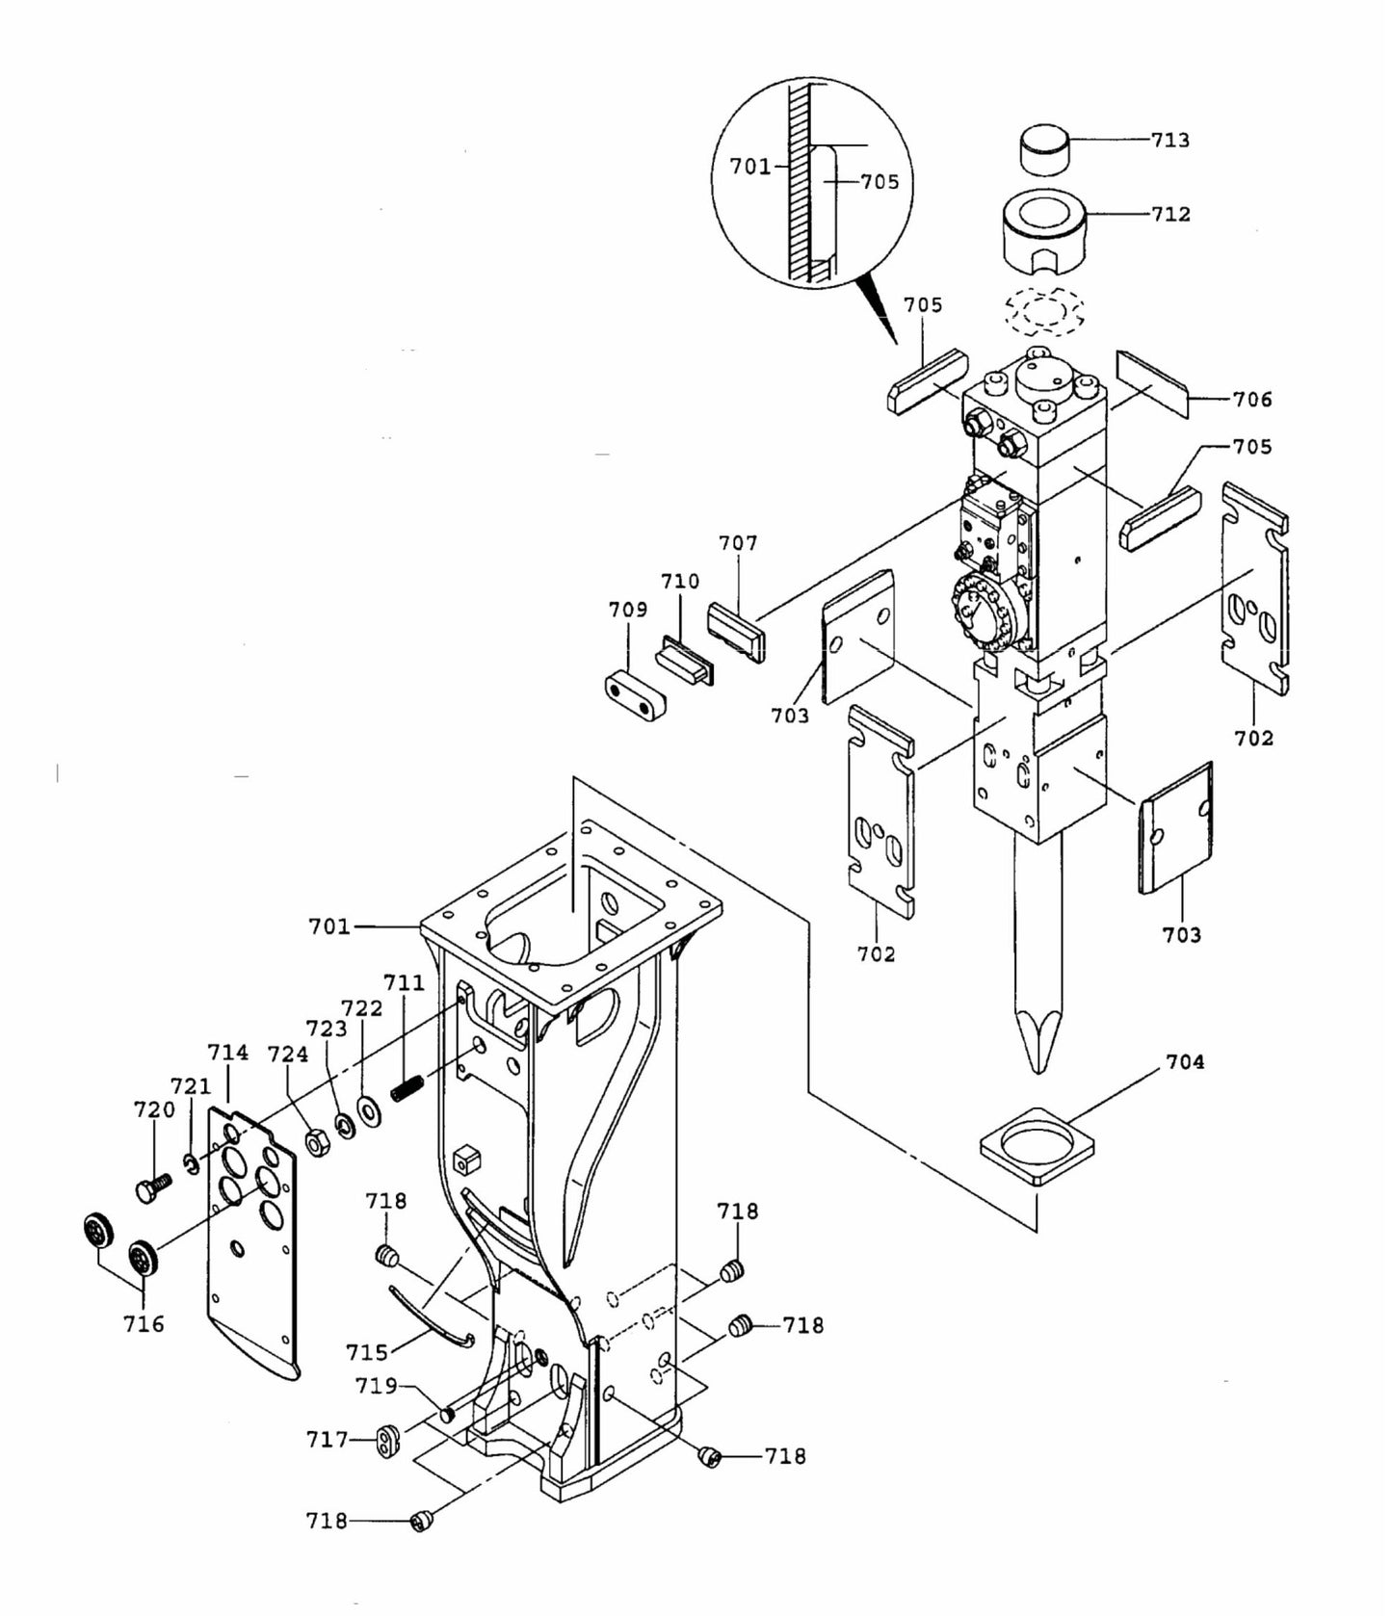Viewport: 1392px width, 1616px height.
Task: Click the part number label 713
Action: point(1169,141)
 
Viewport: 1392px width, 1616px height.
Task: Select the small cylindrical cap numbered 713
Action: point(1044,150)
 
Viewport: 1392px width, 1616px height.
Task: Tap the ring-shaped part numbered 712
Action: point(1045,232)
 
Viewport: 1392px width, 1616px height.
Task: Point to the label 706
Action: point(1251,399)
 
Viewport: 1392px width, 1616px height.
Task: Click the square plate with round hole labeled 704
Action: point(1037,1144)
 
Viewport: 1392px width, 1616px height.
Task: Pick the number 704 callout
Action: point(1185,1061)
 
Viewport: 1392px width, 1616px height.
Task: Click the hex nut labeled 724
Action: point(316,1142)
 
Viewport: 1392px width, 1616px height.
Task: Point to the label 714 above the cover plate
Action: point(229,1053)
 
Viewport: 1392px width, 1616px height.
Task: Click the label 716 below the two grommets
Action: point(144,1324)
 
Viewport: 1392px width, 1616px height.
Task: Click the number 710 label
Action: point(679,582)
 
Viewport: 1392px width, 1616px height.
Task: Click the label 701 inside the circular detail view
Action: point(749,167)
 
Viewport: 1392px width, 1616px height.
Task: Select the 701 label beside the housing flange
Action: point(328,926)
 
